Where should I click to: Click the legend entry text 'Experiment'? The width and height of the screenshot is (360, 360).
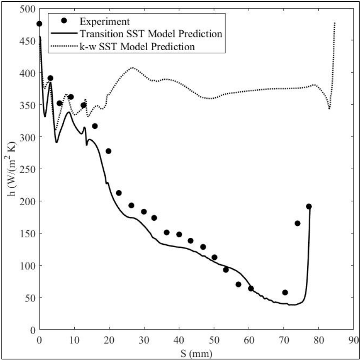(105, 21)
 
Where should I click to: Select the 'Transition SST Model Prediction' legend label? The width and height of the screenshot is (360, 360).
(150, 33)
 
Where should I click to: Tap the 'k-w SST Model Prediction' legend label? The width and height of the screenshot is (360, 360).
(138, 46)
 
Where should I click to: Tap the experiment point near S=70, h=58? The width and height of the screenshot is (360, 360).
(285, 292)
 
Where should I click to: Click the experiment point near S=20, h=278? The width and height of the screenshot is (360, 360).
(109, 151)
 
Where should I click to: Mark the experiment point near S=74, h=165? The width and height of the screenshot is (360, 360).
(298, 223)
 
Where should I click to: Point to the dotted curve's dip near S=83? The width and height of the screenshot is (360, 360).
(329, 109)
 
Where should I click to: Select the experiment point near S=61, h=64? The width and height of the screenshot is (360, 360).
(251, 288)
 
